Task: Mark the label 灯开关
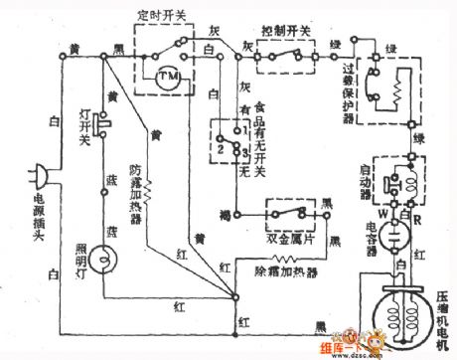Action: (86, 121)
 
